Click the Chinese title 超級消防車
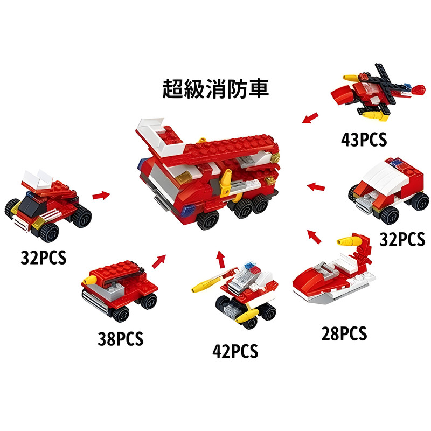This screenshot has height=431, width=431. click(x=215, y=88)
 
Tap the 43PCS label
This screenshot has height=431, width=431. click(x=364, y=140)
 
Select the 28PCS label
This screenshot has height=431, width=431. click(x=344, y=333)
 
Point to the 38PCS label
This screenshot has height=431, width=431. click(x=121, y=339)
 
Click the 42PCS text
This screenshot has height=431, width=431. click(x=235, y=351)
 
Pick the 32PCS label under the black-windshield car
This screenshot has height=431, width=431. click(x=44, y=258)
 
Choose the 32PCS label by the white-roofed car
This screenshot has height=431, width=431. click(x=402, y=239)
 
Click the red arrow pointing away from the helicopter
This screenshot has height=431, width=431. click(x=310, y=118)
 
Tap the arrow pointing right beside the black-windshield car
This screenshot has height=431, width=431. click(x=101, y=196)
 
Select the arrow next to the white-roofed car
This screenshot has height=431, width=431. click(x=316, y=187)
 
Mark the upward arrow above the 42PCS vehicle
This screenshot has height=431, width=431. click(x=220, y=259)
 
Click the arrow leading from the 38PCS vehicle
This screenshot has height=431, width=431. click(x=159, y=261)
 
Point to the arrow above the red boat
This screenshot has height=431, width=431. click(x=314, y=237)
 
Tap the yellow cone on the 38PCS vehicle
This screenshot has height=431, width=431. click(x=90, y=280)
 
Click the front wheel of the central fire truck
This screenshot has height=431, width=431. click(x=208, y=220)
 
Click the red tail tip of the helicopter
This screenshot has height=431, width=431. click(x=419, y=90)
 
